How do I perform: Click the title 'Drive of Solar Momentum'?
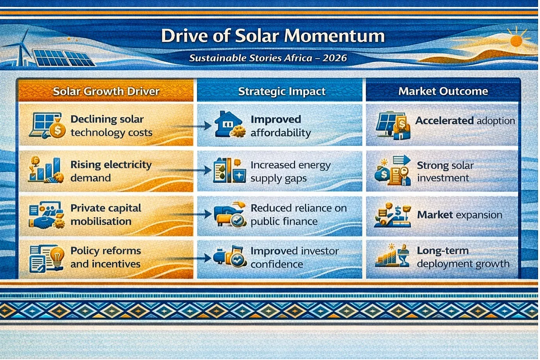pyautogui.click(x=273, y=36)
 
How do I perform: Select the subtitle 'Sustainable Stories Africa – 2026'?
pyautogui.click(x=268, y=58)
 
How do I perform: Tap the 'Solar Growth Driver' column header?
pyautogui.click(x=106, y=91)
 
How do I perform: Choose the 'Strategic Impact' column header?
pyautogui.click(x=282, y=91)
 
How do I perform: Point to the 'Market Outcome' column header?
pyautogui.click(x=443, y=91)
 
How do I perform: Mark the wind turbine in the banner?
pyautogui.click(x=21, y=48)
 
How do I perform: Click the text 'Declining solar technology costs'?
pyautogui.click(x=111, y=126)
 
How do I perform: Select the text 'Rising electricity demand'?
pyautogui.click(x=111, y=171)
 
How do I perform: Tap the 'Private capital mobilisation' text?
pyautogui.click(x=106, y=214)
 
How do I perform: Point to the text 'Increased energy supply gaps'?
pyautogui.click(x=291, y=171)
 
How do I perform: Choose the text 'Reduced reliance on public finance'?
pyautogui.click(x=299, y=214)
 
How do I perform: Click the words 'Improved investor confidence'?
pyautogui.click(x=295, y=257)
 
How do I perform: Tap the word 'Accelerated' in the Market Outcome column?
pyautogui.click(x=444, y=120)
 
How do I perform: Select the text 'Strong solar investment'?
pyautogui.click(x=445, y=171)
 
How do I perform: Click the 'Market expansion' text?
pyautogui.click(x=460, y=214)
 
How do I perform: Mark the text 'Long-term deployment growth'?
pyautogui.click(x=463, y=257)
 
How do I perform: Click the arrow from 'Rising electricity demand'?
pyautogui.click(x=186, y=170)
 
